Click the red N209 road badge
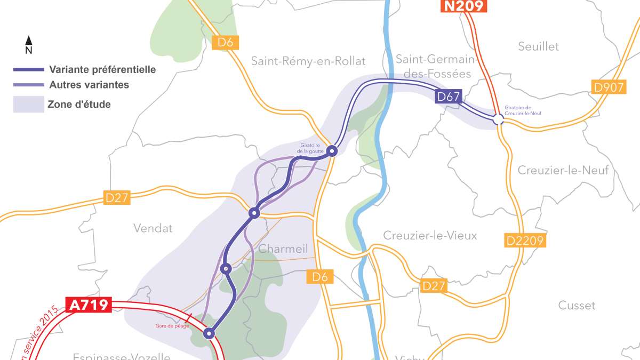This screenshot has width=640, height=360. pyautogui.click(x=463, y=6)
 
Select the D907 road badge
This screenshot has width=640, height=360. pyautogui.click(x=607, y=87)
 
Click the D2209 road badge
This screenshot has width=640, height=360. pyautogui.click(x=525, y=241)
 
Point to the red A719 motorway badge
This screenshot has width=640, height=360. pyautogui.click(x=89, y=305)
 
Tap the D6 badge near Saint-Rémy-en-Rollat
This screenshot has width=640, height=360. pyautogui.click(x=225, y=43)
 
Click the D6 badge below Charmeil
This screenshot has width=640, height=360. pyautogui.click(x=320, y=276)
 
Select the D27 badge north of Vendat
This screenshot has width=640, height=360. pyautogui.click(x=117, y=198)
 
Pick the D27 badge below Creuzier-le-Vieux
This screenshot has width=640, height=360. pyautogui.click(x=433, y=286)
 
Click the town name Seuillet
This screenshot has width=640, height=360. pyautogui.click(x=538, y=46)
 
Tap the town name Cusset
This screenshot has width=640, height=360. pyautogui.click(x=577, y=306)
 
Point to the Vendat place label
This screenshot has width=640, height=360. pyautogui.click(x=153, y=228)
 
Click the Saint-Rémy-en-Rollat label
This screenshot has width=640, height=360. pyautogui.click(x=308, y=61)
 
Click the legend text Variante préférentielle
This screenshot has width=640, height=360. pyautogui.click(x=102, y=69)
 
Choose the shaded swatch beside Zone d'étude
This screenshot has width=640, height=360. pyautogui.click(x=28, y=104)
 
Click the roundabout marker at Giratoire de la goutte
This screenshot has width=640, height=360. pyautogui.click(x=332, y=151)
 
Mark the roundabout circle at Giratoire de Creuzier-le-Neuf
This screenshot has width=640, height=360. pyautogui.click(x=498, y=121)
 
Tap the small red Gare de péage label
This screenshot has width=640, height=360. pyautogui.click(x=172, y=325)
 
